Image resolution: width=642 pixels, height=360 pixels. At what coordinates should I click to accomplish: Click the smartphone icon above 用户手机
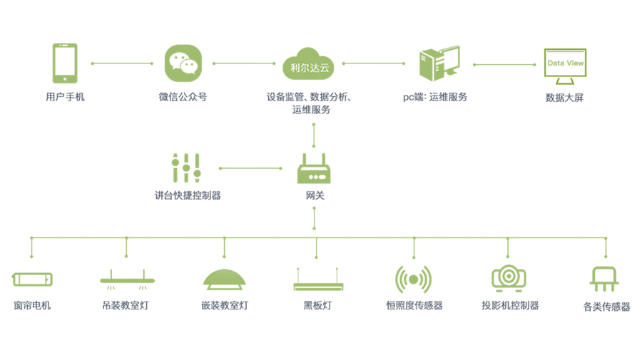pos(64,63)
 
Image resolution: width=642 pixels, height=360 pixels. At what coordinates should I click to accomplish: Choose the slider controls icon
pos(186,168)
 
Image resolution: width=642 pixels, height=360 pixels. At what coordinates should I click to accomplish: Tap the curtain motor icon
pos(33,279)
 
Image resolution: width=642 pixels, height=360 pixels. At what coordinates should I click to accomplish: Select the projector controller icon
pos(509,277)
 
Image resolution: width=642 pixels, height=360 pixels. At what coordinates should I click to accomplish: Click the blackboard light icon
pos(318,280)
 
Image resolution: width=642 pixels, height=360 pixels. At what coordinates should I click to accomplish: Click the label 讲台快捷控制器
pos(188,195)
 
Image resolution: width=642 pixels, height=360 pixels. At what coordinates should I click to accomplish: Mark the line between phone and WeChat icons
pos(122,63)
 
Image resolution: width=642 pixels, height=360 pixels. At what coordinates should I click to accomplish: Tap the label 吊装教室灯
pos(126,306)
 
